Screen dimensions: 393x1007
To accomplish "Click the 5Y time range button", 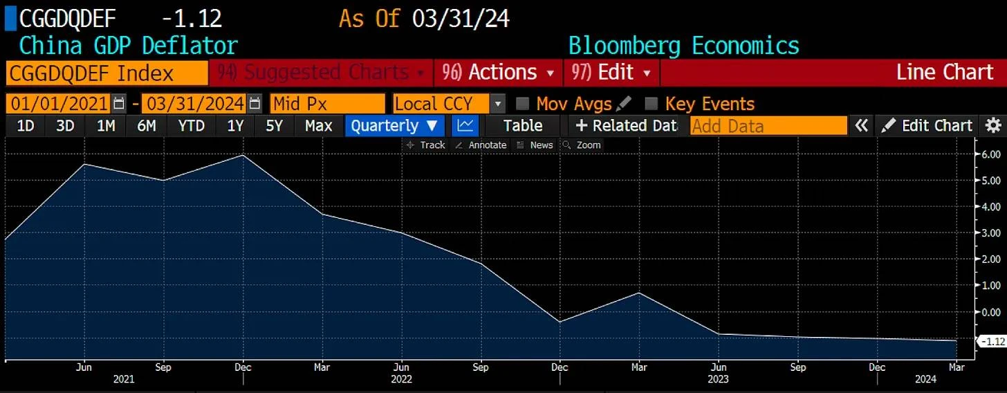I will pos(275,126).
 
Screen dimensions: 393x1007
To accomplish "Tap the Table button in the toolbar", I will pos(522,126).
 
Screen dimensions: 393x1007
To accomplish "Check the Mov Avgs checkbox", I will pos(523,104).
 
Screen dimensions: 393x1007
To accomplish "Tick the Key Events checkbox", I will pos(651,104).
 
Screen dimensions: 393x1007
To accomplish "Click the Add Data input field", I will pos(768,126).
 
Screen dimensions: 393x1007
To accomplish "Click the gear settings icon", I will pos(993,126).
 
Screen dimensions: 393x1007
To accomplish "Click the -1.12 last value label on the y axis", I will pos(990,341).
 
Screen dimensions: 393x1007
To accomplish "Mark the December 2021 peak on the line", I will pos(243,155).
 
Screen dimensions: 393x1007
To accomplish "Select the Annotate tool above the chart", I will pos(482,145).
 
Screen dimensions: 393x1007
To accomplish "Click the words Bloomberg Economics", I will pos(683,46).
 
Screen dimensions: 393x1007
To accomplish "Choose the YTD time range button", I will pos(191,126).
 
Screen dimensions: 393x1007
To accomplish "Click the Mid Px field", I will pos(327,104).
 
